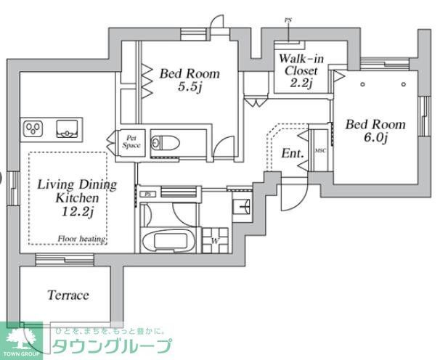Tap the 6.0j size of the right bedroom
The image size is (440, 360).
click(375, 139)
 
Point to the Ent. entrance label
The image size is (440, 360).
click(292, 154)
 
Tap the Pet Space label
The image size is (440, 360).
click(131, 141)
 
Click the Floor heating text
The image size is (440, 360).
click(82, 239)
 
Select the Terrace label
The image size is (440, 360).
click(68, 295)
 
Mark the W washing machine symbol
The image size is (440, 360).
click(216, 241)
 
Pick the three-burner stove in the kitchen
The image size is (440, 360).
click(34, 129)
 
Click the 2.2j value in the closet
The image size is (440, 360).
click(301, 83)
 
